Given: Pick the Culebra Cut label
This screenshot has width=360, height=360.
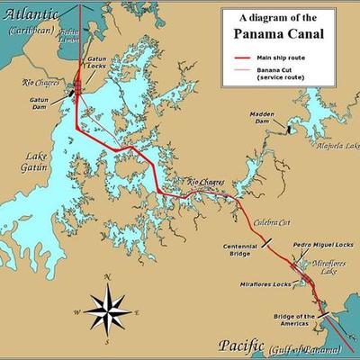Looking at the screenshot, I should coord(271,222).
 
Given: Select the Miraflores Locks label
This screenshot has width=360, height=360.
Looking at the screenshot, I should coord(265,285).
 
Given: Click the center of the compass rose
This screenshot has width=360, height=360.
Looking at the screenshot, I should coord(107,307).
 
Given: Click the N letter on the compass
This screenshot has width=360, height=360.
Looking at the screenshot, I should coord(107,276).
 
